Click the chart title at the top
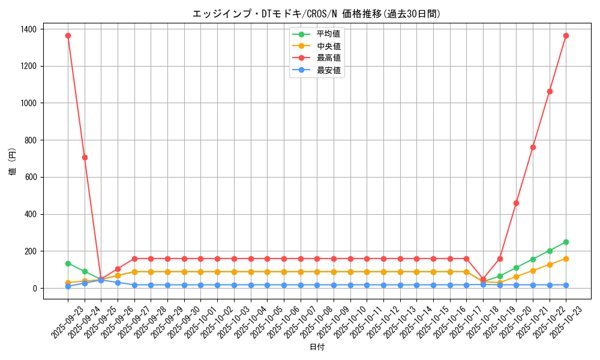click(x=316, y=14)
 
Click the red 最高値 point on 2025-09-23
click(x=68, y=35)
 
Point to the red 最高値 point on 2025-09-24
click(x=85, y=157)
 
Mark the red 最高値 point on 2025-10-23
click(x=566, y=35)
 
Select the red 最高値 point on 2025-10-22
click(x=550, y=91)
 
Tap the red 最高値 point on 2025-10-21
click(x=533, y=147)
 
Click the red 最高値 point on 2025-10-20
click(x=516, y=203)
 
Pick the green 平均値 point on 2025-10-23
click(x=566, y=242)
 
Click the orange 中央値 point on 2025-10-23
click(x=566, y=259)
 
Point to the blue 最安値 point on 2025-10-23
click(x=566, y=285)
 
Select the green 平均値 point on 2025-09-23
click(x=68, y=263)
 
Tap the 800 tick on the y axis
click(x=31, y=140)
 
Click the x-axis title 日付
click(x=317, y=347)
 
